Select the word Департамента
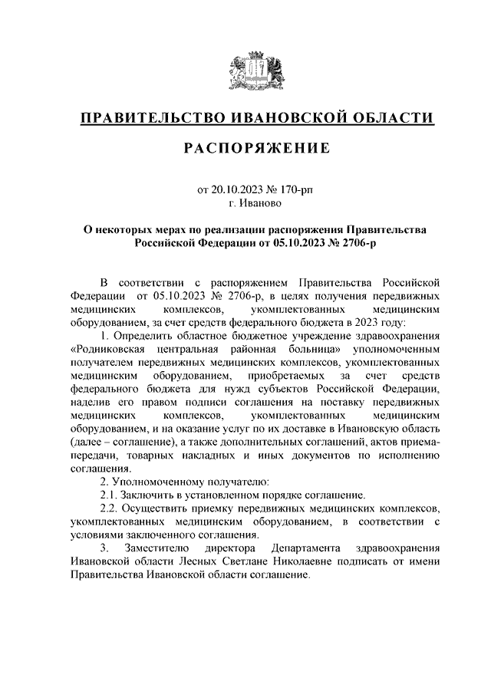[x=300, y=550]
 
